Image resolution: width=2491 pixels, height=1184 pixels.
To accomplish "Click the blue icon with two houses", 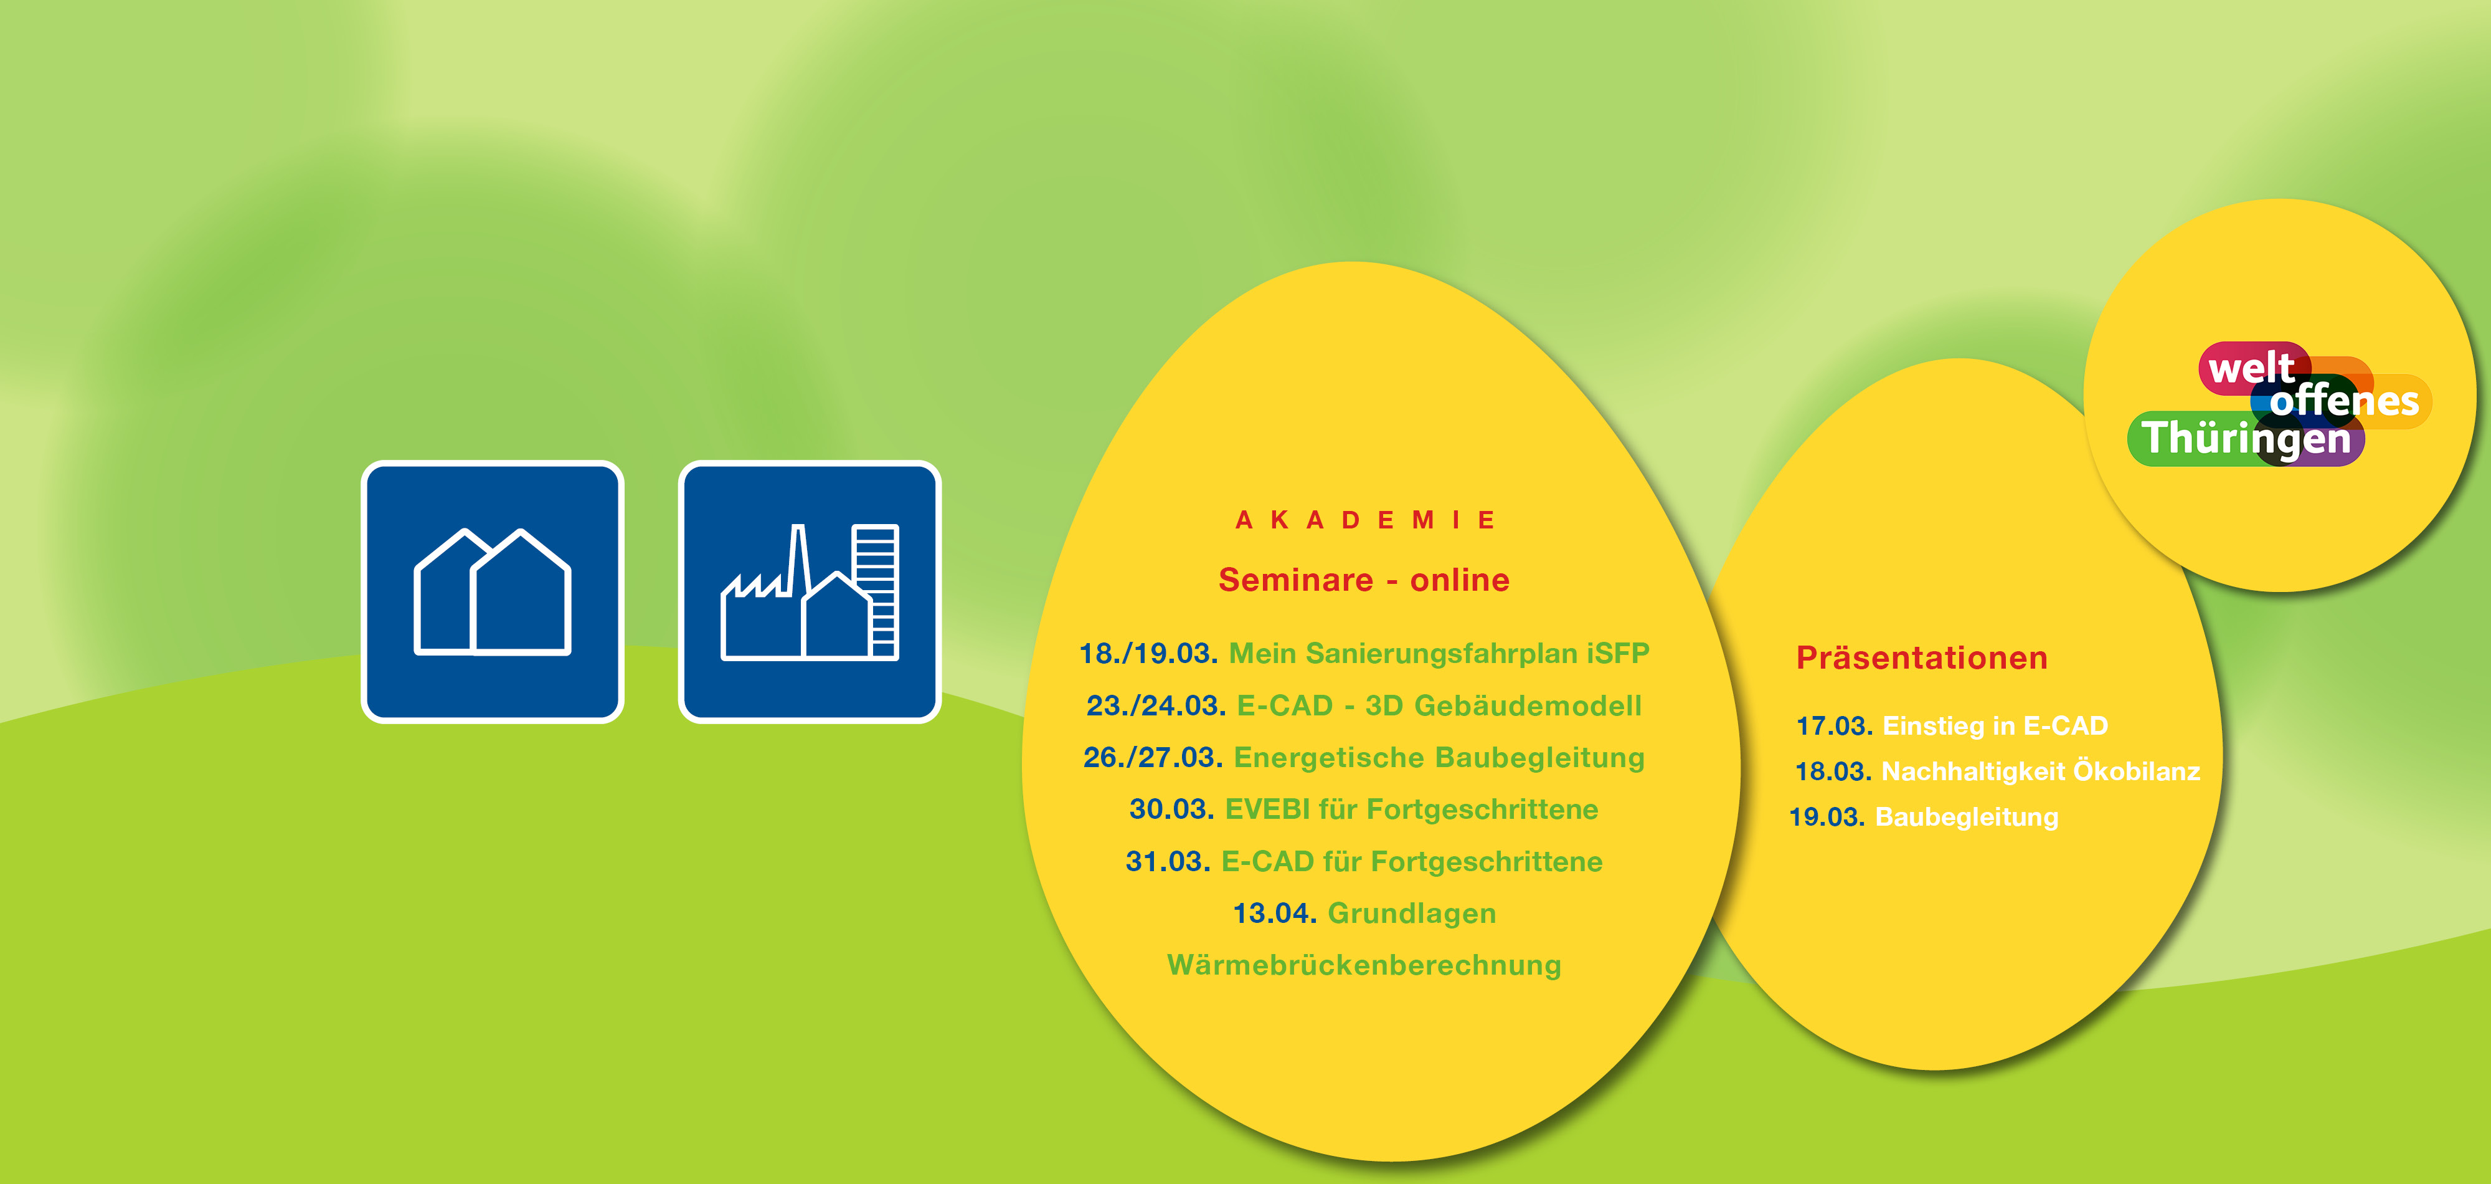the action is pyautogui.click(x=492, y=591).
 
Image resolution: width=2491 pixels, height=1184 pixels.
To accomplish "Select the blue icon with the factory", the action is pyautogui.click(x=810, y=591).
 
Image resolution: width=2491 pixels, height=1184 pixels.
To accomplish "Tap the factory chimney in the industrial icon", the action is pyautogui.click(x=799, y=560).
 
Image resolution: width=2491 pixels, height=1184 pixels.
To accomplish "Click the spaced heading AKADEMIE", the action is pyautogui.click(x=1364, y=520).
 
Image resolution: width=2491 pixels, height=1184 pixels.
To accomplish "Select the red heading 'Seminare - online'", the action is pyautogui.click(x=1363, y=580).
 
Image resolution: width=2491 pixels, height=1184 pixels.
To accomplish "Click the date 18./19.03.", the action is pyautogui.click(x=1148, y=654).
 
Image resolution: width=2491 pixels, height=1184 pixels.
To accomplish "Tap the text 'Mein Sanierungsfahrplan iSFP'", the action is pyautogui.click(x=1439, y=654).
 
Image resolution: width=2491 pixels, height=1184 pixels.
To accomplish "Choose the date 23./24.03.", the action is pyautogui.click(x=1156, y=706).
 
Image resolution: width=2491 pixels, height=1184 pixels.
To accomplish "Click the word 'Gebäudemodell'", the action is pyautogui.click(x=1528, y=706).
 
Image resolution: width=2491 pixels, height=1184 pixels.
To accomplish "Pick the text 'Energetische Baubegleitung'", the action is pyautogui.click(x=1439, y=757).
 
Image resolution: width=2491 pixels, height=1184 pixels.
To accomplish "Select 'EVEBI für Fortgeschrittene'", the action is pyautogui.click(x=1412, y=809).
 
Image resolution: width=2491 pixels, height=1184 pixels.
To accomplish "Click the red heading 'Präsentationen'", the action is pyautogui.click(x=1921, y=658).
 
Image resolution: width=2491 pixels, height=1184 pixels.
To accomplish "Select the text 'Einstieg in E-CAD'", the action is pyautogui.click(x=1995, y=725).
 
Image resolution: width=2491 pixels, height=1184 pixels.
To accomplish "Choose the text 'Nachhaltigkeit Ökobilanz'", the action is pyautogui.click(x=2040, y=771).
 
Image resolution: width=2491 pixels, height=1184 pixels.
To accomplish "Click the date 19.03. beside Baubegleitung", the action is pyautogui.click(x=1827, y=818).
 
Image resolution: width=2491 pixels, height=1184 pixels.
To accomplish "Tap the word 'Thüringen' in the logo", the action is pyautogui.click(x=2246, y=438).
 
